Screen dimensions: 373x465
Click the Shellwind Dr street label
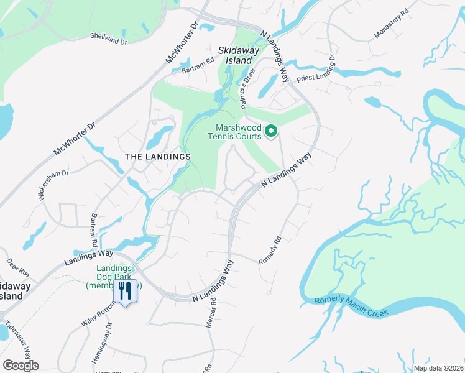[108, 39]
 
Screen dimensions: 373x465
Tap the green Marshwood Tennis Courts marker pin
[271, 131]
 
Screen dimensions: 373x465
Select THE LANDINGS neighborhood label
[157, 157]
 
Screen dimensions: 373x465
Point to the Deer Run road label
[17, 267]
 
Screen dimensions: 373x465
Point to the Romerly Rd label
[270, 249]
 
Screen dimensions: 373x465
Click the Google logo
[21, 365]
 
